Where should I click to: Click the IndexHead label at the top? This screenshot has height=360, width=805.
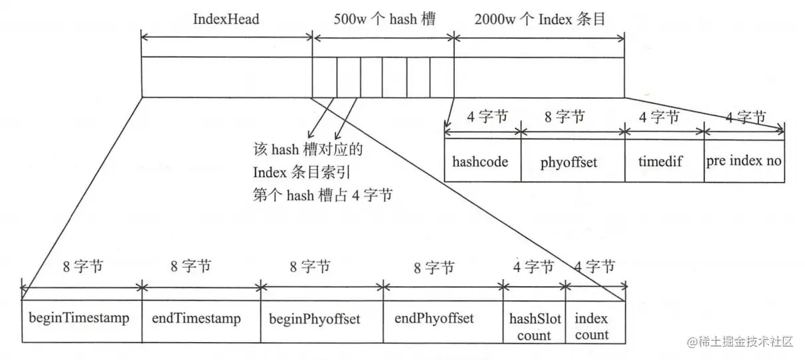[226, 19]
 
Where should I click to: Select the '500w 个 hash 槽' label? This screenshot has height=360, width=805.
[384, 19]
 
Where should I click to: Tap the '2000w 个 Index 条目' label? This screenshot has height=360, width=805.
[540, 19]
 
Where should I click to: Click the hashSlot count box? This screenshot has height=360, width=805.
[533, 326]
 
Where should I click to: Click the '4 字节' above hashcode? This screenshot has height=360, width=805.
[487, 118]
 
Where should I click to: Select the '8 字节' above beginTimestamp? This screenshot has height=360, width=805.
[82, 267]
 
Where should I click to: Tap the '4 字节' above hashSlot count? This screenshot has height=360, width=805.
[533, 268]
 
